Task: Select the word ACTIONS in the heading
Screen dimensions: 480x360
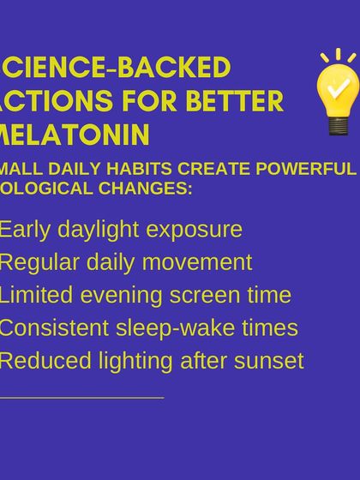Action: coord(60,101)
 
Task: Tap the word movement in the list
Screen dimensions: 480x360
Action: coord(200,262)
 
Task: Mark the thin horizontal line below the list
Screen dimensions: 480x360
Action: coord(81,398)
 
